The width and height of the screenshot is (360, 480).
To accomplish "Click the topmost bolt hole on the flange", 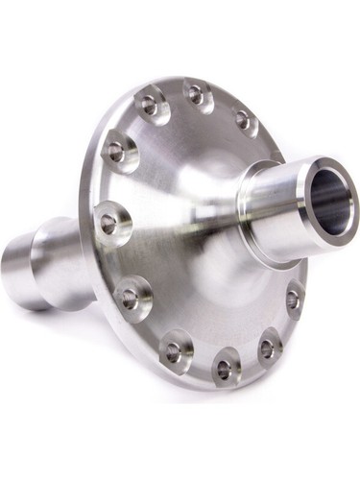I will [195, 94].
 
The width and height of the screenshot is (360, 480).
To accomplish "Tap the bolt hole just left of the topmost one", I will [149, 103].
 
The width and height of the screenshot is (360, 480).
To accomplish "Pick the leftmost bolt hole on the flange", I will [108, 223].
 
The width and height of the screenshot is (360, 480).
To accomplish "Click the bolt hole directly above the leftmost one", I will [116, 151].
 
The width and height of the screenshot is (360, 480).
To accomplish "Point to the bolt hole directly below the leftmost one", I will [128, 296].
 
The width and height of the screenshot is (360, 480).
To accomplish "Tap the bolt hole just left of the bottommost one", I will [174, 352].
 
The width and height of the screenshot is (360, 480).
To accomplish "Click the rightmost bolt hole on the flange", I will [293, 300].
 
